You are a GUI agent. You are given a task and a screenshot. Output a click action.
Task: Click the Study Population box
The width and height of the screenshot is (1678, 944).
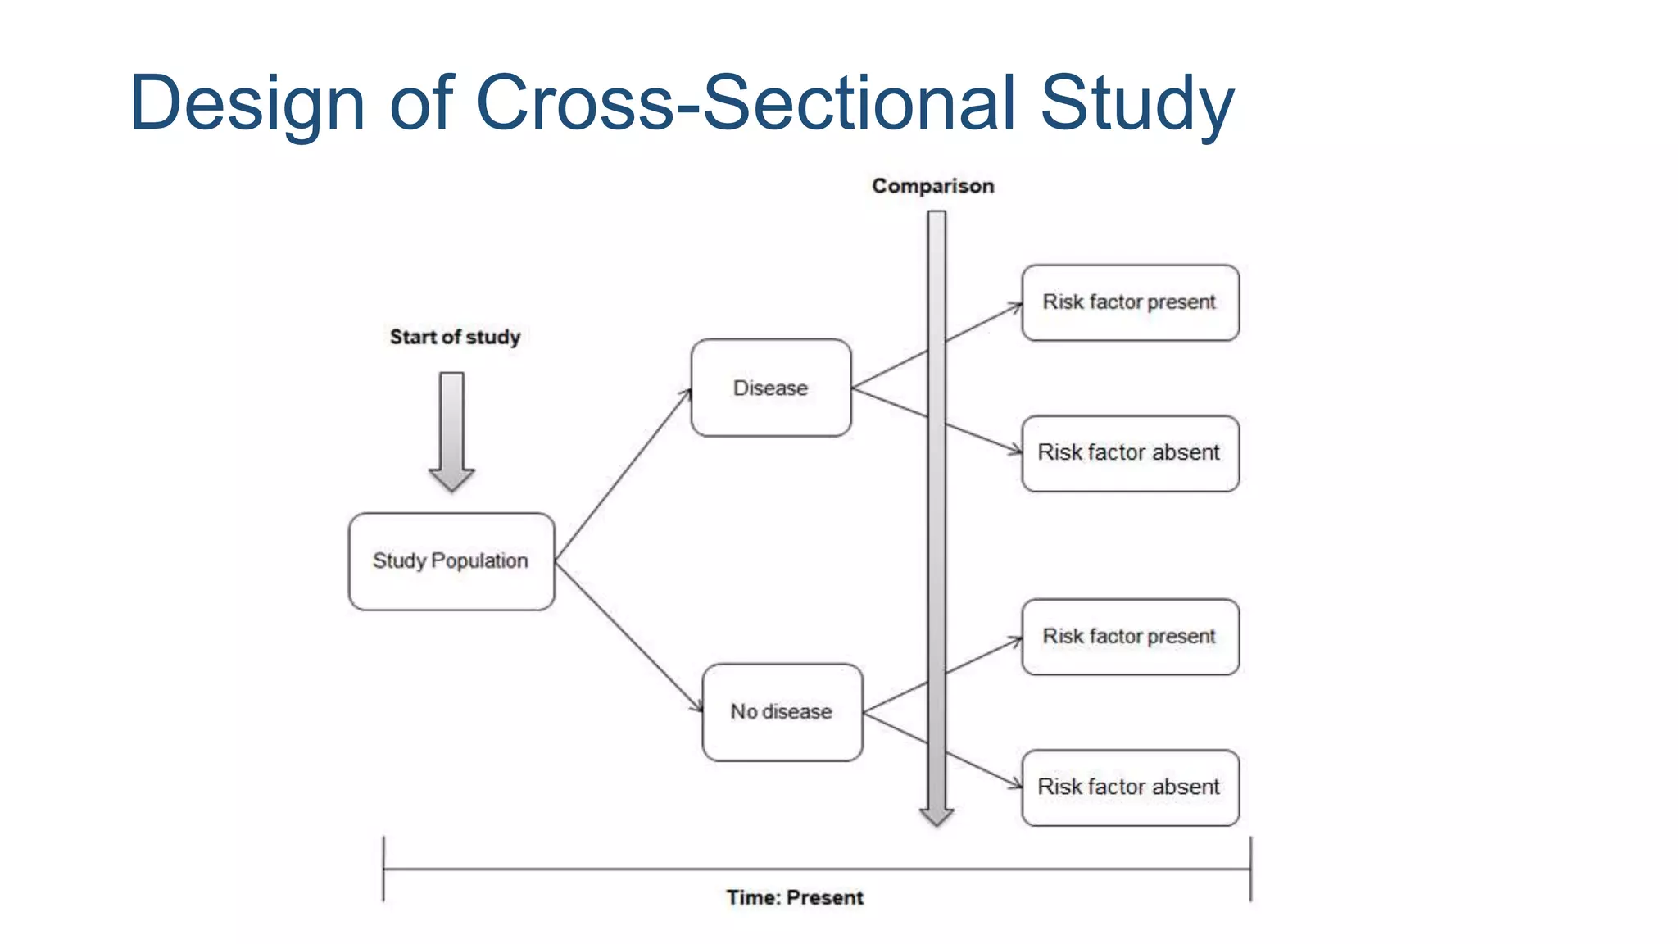tap(451, 561)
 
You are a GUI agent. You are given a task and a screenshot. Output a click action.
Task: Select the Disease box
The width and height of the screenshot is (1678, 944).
tap(771, 388)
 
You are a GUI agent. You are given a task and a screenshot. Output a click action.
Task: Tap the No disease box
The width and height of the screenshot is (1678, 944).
tap(782, 712)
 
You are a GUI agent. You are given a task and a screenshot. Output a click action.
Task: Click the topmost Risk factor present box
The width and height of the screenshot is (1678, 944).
tap(1130, 302)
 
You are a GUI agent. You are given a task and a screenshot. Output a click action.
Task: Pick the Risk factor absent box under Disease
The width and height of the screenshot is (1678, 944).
tap(1130, 453)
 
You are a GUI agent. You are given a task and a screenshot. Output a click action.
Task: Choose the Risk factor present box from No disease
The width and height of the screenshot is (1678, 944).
tap(1130, 637)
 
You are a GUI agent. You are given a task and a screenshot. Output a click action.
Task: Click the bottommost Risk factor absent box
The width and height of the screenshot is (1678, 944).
tap(1130, 787)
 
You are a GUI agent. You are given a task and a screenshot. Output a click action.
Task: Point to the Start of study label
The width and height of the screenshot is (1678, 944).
tap(455, 337)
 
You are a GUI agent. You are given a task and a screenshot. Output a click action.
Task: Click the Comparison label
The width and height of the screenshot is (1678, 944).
tap(932, 186)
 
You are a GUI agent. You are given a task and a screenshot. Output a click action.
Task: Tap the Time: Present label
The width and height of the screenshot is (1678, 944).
tap(794, 897)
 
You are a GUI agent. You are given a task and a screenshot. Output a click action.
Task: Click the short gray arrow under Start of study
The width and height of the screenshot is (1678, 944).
tap(451, 430)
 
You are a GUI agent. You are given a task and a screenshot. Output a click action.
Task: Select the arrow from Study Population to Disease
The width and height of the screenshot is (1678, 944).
tap(623, 475)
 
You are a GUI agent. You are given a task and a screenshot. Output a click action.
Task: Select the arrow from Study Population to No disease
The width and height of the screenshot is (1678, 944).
tap(628, 636)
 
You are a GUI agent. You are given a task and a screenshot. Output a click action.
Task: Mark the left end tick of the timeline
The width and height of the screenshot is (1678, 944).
tap(383, 869)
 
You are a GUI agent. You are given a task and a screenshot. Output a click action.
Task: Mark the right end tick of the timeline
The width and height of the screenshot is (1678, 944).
tap(1250, 869)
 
